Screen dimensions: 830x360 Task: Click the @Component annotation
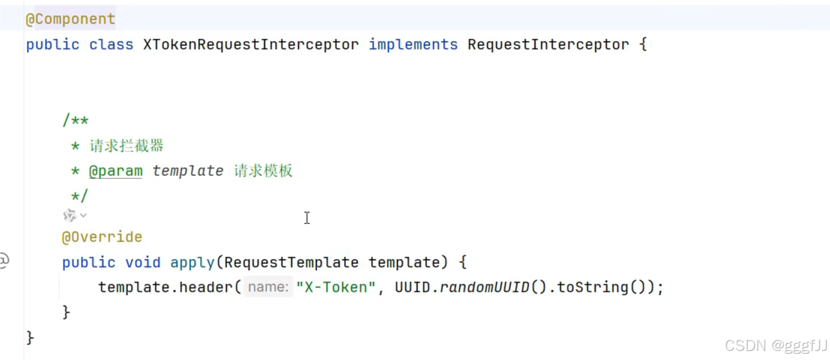[x=70, y=19]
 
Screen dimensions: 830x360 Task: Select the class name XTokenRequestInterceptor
[x=251, y=45]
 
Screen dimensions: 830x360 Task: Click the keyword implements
[x=413, y=45]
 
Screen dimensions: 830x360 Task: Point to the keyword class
[x=111, y=45]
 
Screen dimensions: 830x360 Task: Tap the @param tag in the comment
[x=115, y=171]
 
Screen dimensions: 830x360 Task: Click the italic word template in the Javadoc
[x=188, y=171]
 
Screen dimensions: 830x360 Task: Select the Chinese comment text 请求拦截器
[x=127, y=146]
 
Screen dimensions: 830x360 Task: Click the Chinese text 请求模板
[x=264, y=171]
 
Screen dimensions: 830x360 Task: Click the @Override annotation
[x=102, y=237]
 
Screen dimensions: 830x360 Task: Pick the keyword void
[x=142, y=263]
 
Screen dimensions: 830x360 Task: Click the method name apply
[x=192, y=263]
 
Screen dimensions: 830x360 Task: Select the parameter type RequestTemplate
[x=291, y=263]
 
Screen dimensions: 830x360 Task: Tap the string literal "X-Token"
[x=336, y=287]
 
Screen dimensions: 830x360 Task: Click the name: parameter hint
[x=268, y=287]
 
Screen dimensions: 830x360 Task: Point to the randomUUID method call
[x=484, y=287]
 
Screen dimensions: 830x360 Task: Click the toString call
[x=592, y=287]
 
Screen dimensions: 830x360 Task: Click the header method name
[x=206, y=287]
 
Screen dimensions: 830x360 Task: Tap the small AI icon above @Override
[x=70, y=215]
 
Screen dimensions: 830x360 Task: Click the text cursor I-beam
[x=306, y=218]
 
